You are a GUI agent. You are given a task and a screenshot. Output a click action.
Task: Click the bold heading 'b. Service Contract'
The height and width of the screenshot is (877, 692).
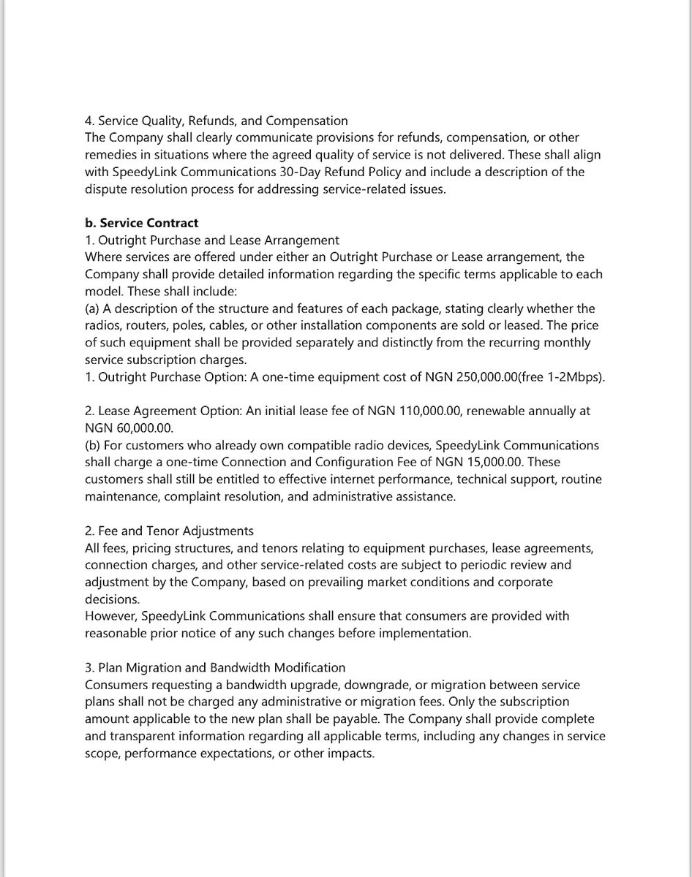(141, 223)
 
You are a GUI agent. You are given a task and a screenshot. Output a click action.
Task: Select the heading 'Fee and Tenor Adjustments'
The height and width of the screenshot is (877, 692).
(175, 531)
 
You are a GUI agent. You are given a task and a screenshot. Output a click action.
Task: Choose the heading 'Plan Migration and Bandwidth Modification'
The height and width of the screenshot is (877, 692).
(220, 668)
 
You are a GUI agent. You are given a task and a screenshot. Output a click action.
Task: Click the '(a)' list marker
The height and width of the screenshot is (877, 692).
(93, 308)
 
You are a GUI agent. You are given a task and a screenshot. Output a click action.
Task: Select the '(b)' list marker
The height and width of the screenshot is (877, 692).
(93, 446)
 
